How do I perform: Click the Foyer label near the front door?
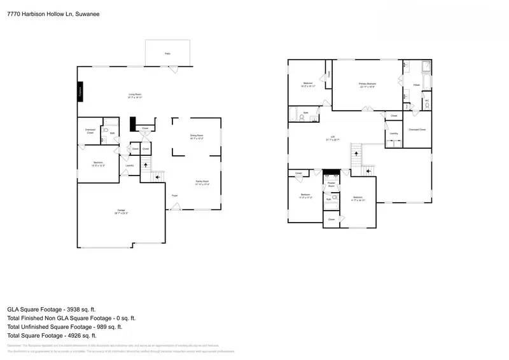(x=174, y=195)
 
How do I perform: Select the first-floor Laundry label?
(x=129, y=166)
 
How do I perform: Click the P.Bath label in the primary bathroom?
(x=417, y=84)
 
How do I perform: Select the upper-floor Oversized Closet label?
(x=417, y=129)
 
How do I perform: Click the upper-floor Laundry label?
(x=394, y=133)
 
